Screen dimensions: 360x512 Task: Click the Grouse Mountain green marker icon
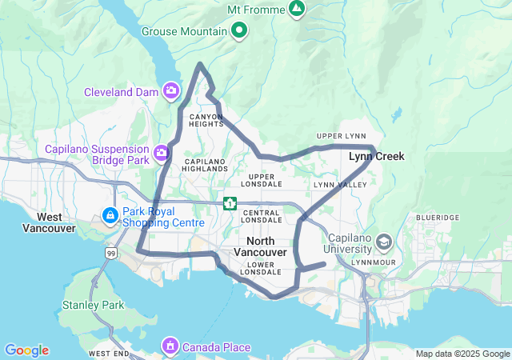(238, 31)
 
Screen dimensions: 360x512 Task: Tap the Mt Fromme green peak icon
(297, 9)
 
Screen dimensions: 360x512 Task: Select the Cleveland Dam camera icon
(170, 92)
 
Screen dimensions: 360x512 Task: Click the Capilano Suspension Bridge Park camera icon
(162, 150)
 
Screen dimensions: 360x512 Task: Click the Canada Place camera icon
(170, 347)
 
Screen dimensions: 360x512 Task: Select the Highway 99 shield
(110, 252)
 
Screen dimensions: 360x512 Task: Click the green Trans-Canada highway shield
(230, 204)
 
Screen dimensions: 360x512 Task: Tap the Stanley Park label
(93, 305)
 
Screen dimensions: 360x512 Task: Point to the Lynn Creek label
(377, 157)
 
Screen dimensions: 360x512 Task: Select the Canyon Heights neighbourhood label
(206, 120)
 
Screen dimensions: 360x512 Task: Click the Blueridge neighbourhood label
(438, 218)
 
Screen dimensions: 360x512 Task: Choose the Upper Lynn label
(341, 136)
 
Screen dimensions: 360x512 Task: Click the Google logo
(26, 350)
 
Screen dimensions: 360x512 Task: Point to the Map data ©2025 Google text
(462, 354)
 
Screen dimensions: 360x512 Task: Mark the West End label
(110, 353)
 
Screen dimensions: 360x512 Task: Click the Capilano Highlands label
(206, 165)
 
